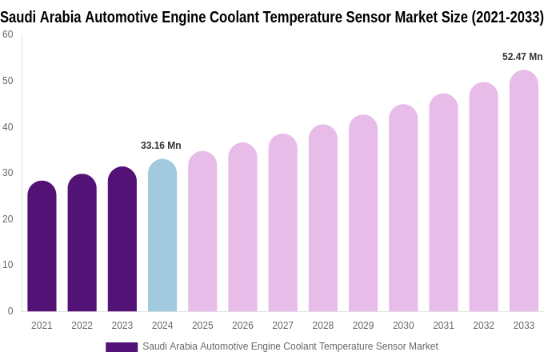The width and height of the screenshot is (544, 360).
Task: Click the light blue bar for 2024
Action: [x=162, y=236]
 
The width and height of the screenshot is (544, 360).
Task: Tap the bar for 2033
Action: [x=524, y=192]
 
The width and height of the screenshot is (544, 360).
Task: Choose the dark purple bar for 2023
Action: [x=122, y=240]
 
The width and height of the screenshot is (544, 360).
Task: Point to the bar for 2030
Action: [x=403, y=209]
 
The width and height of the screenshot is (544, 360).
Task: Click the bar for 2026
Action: [x=242, y=228]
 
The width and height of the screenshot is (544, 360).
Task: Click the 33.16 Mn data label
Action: [x=161, y=146]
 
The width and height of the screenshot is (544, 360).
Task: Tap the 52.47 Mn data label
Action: [x=522, y=57]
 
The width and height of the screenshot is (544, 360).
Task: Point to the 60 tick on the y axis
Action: [x=8, y=34]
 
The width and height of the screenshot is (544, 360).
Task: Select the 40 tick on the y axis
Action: [x=8, y=126]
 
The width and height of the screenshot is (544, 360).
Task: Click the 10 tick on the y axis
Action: [x=8, y=265]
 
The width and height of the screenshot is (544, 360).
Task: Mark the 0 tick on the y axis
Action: [x=10, y=311]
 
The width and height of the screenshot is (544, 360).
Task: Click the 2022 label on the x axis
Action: [x=82, y=326]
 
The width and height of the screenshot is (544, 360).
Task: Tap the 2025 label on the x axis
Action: [x=202, y=326]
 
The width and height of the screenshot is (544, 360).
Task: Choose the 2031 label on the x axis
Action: [x=443, y=326]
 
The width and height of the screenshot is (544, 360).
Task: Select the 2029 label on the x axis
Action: [x=363, y=326]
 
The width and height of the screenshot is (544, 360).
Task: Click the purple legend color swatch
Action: [x=122, y=347]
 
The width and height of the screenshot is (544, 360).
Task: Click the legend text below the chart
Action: [x=290, y=346]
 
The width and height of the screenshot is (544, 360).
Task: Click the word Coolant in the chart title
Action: [x=240, y=17]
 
